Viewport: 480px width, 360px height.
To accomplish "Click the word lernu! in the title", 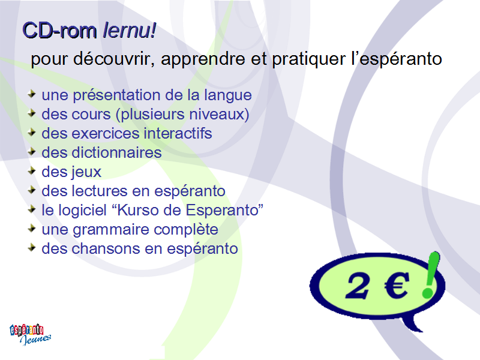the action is pyautogui.click(x=130, y=31).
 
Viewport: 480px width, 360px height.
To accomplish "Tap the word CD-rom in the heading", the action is pyautogui.click(x=59, y=31).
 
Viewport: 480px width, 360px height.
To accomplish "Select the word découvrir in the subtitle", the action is pyautogui.click(x=113, y=58).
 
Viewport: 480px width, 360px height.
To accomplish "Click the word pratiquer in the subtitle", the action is pyautogui.click(x=308, y=59).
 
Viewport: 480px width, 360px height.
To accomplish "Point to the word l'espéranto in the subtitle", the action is pyautogui.click(x=397, y=59).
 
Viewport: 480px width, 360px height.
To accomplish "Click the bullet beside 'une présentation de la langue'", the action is pyautogui.click(x=32, y=94).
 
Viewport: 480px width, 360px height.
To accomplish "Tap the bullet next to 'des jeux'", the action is pyautogui.click(x=32, y=170).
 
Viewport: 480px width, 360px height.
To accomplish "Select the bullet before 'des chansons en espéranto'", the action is pyautogui.click(x=32, y=247).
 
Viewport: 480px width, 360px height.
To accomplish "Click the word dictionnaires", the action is pyautogui.click(x=116, y=152).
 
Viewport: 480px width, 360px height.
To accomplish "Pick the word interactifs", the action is pyautogui.click(x=178, y=133).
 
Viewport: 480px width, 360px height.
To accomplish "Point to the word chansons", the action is pyautogui.click(x=106, y=248).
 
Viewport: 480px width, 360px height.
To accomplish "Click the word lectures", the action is pyautogui.click(x=100, y=191).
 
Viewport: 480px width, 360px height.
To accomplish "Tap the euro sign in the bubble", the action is pyautogui.click(x=397, y=286).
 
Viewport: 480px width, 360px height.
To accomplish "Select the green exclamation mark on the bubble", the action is pyautogui.click(x=431, y=275).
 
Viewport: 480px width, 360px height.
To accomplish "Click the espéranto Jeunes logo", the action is pyautogui.click(x=31, y=334).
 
